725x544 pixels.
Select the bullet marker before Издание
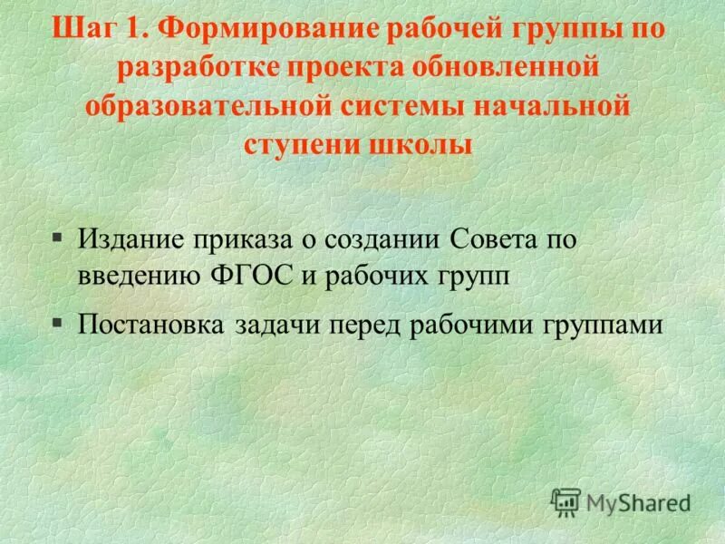pyautogui.click(x=57, y=238)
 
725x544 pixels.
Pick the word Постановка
pyautogui.click(x=150, y=324)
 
